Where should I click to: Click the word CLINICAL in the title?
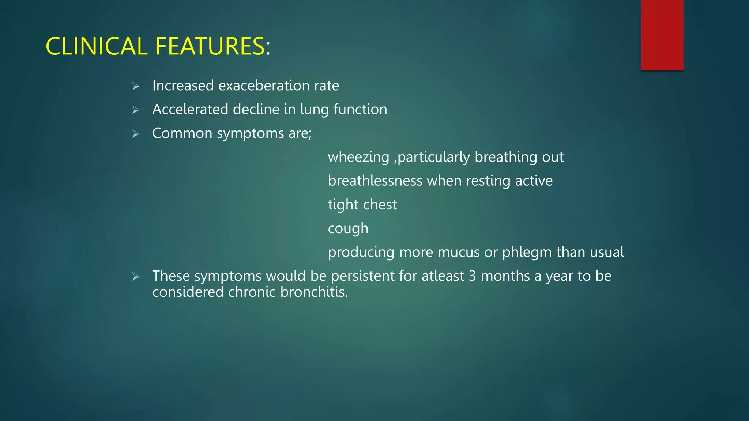pos(96,46)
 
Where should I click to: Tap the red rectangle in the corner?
pos(662,35)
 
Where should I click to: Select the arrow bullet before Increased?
pos(136,87)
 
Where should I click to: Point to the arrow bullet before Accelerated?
pos(136,110)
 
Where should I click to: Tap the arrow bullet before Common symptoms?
pos(136,134)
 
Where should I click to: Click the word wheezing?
pos(358,158)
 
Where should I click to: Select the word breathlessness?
pos(375,181)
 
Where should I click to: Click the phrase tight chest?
pos(362,205)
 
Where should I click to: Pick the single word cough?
pos(348,229)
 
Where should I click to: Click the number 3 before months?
pos(472,276)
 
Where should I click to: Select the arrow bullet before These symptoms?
pos(136,277)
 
